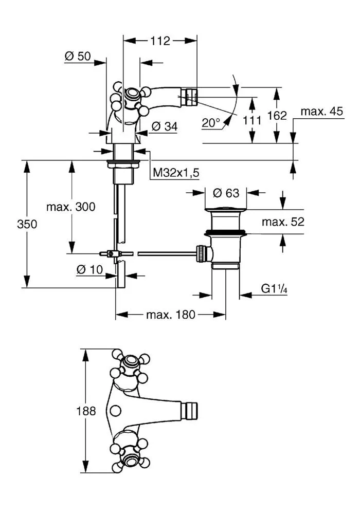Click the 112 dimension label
(160, 41)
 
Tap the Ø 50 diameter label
(77, 56)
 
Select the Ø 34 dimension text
(165, 126)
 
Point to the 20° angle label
(210, 123)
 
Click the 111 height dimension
(252, 120)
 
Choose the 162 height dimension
(277, 115)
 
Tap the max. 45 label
(321, 111)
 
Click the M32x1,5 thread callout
(176, 172)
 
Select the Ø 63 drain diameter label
(226, 193)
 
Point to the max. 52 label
(283, 222)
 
